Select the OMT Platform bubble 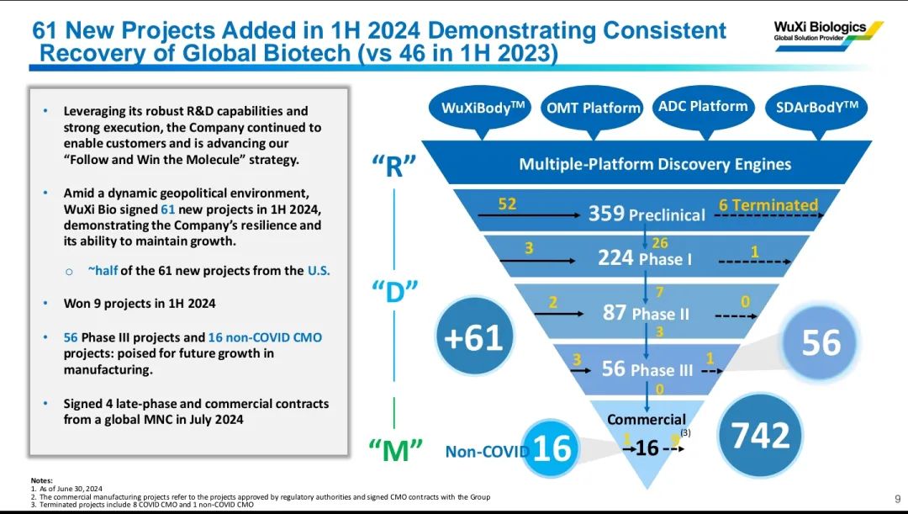tap(594, 108)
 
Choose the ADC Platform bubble tap(702, 106)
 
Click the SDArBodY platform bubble tap(816, 108)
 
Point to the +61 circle tap(472, 336)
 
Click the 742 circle tap(760, 435)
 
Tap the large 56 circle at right tap(821, 343)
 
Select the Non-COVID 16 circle tap(552, 448)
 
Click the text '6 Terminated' tap(768, 204)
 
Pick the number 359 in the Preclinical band tap(606, 214)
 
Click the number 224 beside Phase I tap(615, 257)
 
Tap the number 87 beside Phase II tap(615, 313)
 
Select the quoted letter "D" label tap(394, 291)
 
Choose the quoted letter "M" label tap(395, 449)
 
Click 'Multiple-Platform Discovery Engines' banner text tap(655, 163)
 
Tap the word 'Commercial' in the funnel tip tap(647, 419)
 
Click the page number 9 tap(897, 499)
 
